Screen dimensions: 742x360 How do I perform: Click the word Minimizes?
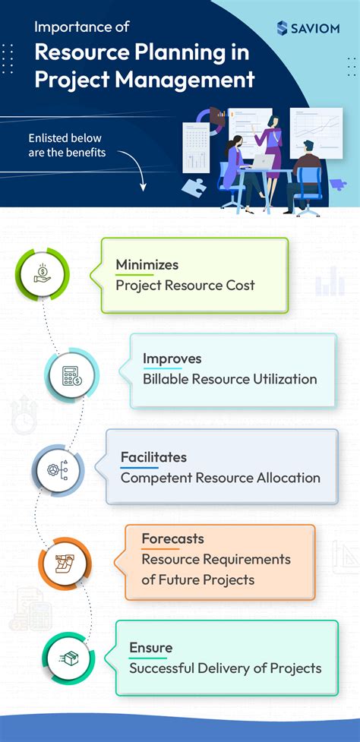(147, 264)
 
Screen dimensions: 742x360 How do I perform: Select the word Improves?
(172, 358)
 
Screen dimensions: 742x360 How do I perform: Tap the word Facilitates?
(153, 457)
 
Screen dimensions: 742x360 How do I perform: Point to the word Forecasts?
(172, 538)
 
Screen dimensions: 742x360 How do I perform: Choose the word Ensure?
(150, 647)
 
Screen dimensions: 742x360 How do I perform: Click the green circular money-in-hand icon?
(43, 274)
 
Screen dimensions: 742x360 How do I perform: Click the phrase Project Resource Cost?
(185, 286)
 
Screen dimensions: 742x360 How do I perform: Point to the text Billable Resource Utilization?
(229, 379)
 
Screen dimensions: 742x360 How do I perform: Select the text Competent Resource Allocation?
(220, 478)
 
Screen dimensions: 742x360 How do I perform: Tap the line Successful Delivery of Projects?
(225, 668)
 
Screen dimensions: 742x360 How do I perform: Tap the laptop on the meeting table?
(262, 163)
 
